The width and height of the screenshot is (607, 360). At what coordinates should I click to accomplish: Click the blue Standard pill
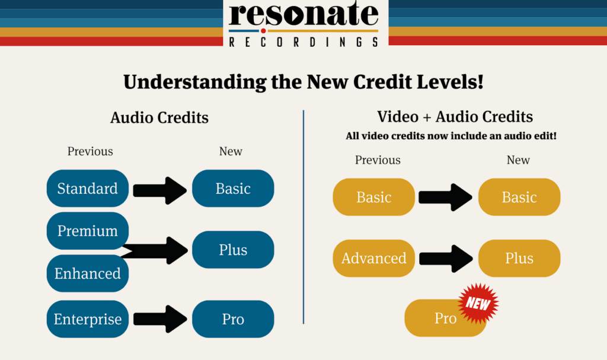click(x=88, y=189)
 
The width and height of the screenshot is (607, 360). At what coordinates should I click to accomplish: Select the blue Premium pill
click(x=88, y=231)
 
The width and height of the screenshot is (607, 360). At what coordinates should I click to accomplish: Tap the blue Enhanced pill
click(x=88, y=273)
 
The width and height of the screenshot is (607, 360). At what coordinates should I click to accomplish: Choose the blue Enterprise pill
click(x=88, y=319)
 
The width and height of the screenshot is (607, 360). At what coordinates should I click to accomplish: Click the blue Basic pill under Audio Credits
click(x=233, y=189)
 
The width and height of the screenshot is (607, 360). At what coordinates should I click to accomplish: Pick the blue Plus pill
click(x=233, y=250)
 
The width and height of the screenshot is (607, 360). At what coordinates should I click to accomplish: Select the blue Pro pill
click(x=233, y=319)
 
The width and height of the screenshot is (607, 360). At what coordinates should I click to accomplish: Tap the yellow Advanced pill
click(x=374, y=258)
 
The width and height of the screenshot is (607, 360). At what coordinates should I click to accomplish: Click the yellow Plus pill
click(x=519, y=258)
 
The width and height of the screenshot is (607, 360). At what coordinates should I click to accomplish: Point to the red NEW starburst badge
click(x=478, y=303)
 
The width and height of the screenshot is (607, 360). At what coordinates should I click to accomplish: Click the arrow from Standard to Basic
click(x=160, y=190)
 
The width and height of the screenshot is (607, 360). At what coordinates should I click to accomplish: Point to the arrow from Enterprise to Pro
click(x=160, y=319)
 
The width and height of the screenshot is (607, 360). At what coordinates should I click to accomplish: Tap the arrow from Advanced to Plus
click(x=446, y=259)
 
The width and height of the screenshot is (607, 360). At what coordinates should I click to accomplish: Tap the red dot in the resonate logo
click(x=263, y=31)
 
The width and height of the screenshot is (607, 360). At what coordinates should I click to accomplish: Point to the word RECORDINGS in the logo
click(x=303, y=42)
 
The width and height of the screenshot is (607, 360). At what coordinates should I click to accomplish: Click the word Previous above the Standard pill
click(x=90, y=151)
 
